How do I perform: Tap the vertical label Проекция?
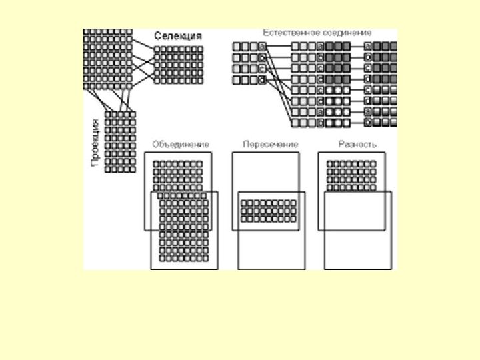click(95, 143)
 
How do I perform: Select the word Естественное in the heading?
click(287, 32)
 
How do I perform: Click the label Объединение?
click(180, 143)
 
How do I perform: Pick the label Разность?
click(357, 143)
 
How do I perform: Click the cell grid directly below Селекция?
click(178, 65)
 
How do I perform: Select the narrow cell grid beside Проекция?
click(121, 142)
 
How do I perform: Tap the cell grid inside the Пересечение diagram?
click(269, 211)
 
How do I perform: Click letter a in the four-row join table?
click(262, 46)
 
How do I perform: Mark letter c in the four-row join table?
click(262, 69)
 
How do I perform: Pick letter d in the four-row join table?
click(262, 80)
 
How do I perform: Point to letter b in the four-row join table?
click(262, 57)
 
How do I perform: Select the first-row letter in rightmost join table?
click(369, 46)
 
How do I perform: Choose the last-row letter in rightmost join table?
click(369, 123)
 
